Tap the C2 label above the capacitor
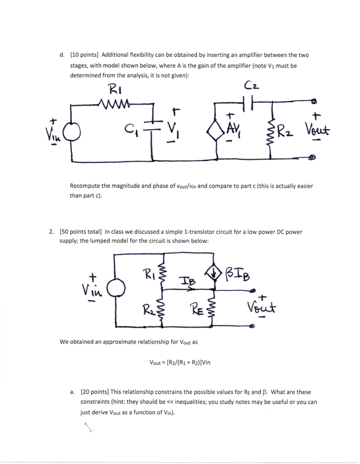(251, 86)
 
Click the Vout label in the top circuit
(318, 132)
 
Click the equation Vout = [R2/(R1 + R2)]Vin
(180, 362)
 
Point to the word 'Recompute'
(84, 186)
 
